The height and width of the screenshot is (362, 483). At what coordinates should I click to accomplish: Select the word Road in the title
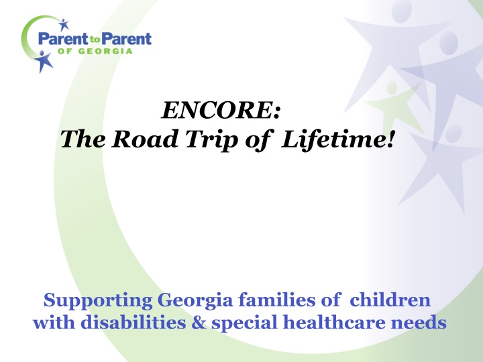(145, 139)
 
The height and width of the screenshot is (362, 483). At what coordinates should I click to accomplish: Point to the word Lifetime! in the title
(337, 139)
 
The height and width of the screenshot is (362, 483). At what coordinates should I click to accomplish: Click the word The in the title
(83, 139)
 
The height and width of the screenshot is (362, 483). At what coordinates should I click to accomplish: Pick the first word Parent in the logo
(63, 39)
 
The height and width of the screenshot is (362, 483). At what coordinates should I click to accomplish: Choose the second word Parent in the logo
(126, 39)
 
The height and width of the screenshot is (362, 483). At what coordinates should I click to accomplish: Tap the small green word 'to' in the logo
(95, 40)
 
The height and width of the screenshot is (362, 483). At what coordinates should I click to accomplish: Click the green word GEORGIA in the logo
(105, 51)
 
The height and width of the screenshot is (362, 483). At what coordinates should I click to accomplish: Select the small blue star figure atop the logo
(64, 25)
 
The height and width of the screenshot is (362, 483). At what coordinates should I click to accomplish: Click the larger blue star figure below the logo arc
(44, 61)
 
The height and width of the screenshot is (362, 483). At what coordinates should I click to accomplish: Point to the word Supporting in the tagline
(98, 300)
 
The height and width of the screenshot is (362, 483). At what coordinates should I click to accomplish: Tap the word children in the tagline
(390, 300)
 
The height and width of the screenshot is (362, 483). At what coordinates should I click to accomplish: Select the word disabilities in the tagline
(133, 322)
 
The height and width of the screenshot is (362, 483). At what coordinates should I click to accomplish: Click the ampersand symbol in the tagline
(199, 323)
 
